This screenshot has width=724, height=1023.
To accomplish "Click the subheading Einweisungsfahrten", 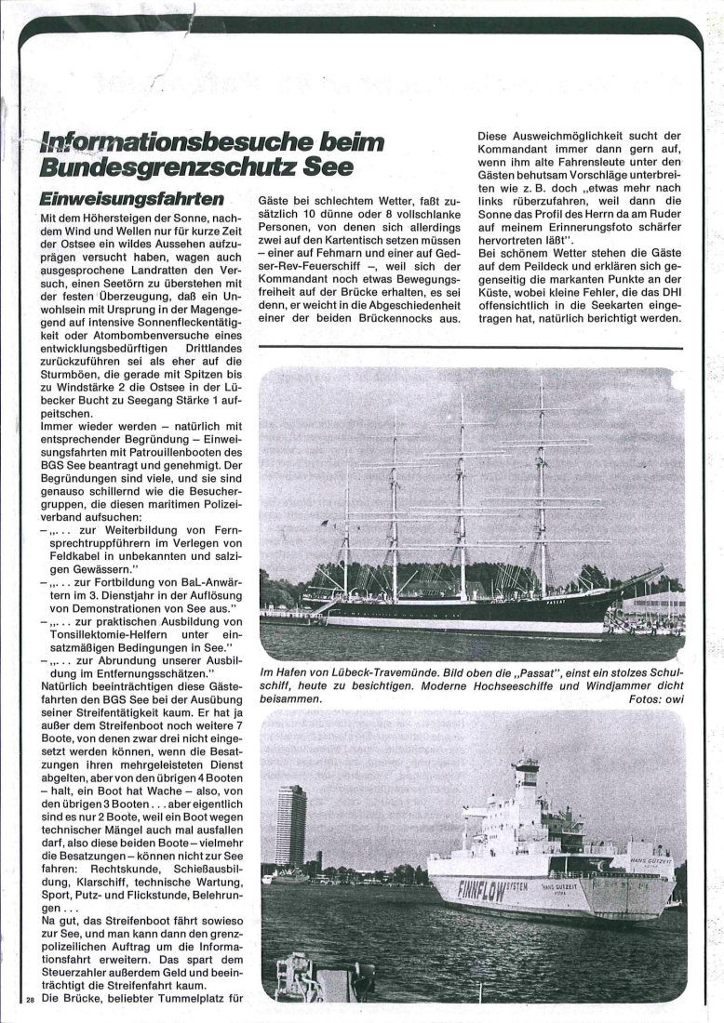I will [132, 199].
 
